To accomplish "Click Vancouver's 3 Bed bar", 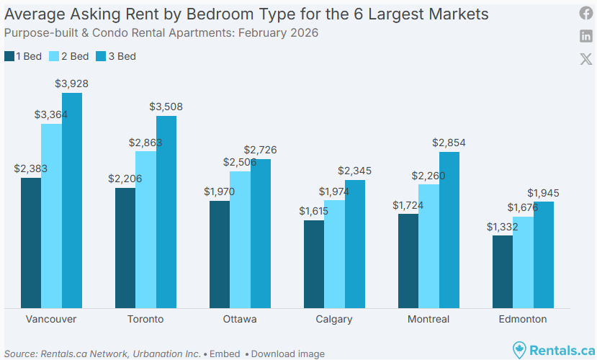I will click(x=72, y=201).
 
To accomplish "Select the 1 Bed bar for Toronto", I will click(x=125, y=248).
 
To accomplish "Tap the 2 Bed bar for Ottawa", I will click(x=240, y=240).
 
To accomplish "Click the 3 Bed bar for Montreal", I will click(x=449, y=230).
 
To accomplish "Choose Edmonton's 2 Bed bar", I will click(x=523, y=263).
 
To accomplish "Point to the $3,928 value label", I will click(x=72, y=84).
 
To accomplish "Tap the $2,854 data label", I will click(x=449, y=143).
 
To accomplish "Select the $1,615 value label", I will click(x=314, y=212).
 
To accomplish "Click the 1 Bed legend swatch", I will click(x=9, y=56).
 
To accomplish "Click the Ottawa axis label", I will click(x=240, y=319).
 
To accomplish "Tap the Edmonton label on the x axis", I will click(x=523, y=319).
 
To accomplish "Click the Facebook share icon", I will click(x=586, y=13).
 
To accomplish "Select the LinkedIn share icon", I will click(x=586, y=36).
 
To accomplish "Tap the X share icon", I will click(x=586, y=59).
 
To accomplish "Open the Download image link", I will click(x=287, y=354).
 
